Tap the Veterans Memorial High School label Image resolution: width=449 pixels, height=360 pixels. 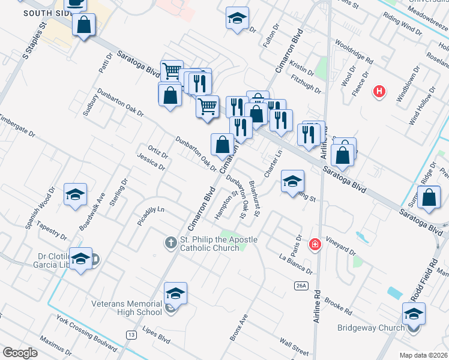tap(126, 307)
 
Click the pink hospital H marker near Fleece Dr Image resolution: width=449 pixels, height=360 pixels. tap(379, 92)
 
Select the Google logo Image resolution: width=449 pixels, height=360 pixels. tap(20, 353)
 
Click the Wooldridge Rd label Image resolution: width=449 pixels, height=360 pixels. tap(355, 53)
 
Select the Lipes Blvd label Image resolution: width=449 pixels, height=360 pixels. tap(156, 335)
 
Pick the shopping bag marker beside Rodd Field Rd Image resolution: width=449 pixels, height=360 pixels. tap(429, 197)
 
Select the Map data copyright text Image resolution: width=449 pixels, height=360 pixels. tap(424, 355)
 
